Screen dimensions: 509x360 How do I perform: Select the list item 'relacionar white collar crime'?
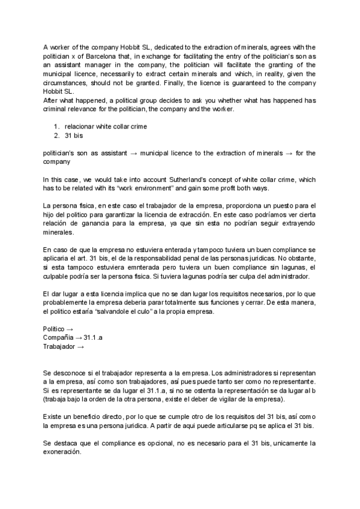pyautogui.click(x=106, y=127)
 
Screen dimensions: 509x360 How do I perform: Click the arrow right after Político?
pyautogui.click(x=70, y=329)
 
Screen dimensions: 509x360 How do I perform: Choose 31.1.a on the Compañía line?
pyautogui.click(x=94, y=338)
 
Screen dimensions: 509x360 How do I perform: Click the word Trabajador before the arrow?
pyautogui.click(x=59, y=347)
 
